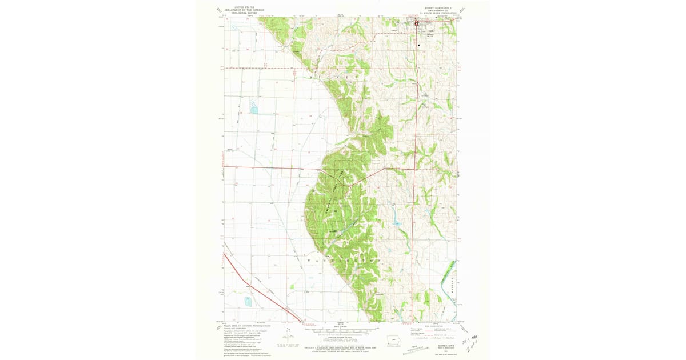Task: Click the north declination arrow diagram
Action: coord(285,338)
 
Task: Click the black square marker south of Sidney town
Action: coord(419,45)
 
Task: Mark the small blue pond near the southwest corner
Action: coord(248,301)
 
